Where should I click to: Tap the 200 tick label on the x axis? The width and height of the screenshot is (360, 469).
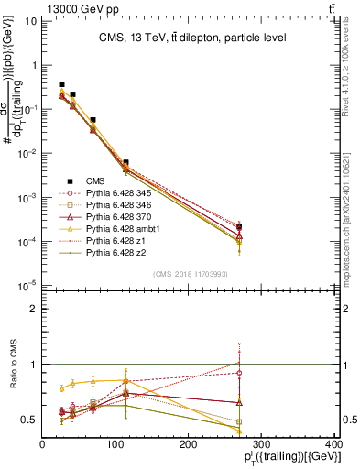[188, 443]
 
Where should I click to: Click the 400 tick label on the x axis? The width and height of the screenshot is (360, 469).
[333, 443]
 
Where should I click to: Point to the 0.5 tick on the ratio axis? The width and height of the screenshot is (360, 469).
[31, 420]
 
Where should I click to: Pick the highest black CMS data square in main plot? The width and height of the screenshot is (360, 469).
[61, 84]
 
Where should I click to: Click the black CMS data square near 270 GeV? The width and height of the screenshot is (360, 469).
[239, 226]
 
